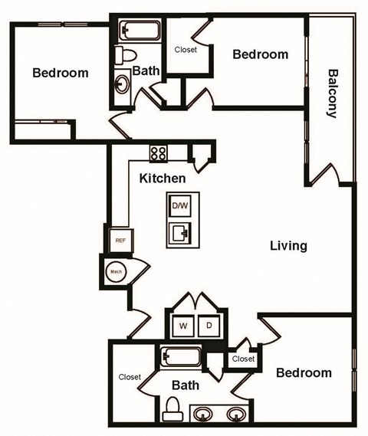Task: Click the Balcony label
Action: (333, 93)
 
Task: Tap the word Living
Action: (288, 246)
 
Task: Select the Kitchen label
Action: (163, 179)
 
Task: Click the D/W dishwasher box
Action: (180, 206)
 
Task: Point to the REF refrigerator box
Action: (120, 240)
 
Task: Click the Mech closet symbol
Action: (116, 270)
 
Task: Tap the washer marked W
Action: (184, 326)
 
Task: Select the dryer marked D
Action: (208, 326)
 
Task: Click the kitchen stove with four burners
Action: (159, 152)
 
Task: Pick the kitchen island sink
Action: (182, 231)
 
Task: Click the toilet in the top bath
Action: (124, 54)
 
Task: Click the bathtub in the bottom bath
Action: (182, 358)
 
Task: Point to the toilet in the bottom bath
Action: (172, 407)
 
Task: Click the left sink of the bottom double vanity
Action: (202, 415)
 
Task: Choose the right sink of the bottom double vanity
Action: (235, 415)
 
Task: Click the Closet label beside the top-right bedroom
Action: (186, 50)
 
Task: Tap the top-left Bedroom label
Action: (60, 74)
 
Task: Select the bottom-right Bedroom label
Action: (304, 373)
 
